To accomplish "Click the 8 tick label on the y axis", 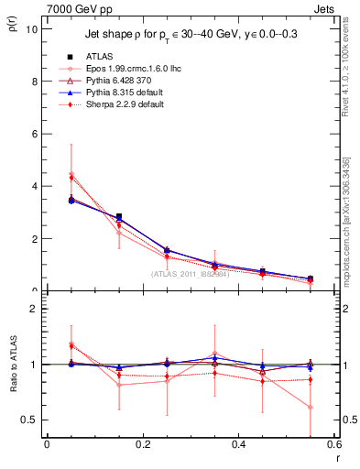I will click(x=33, y=81).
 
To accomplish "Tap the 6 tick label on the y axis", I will click(x=33, y=134).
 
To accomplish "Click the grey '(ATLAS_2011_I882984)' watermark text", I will click(x=191, y=274).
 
